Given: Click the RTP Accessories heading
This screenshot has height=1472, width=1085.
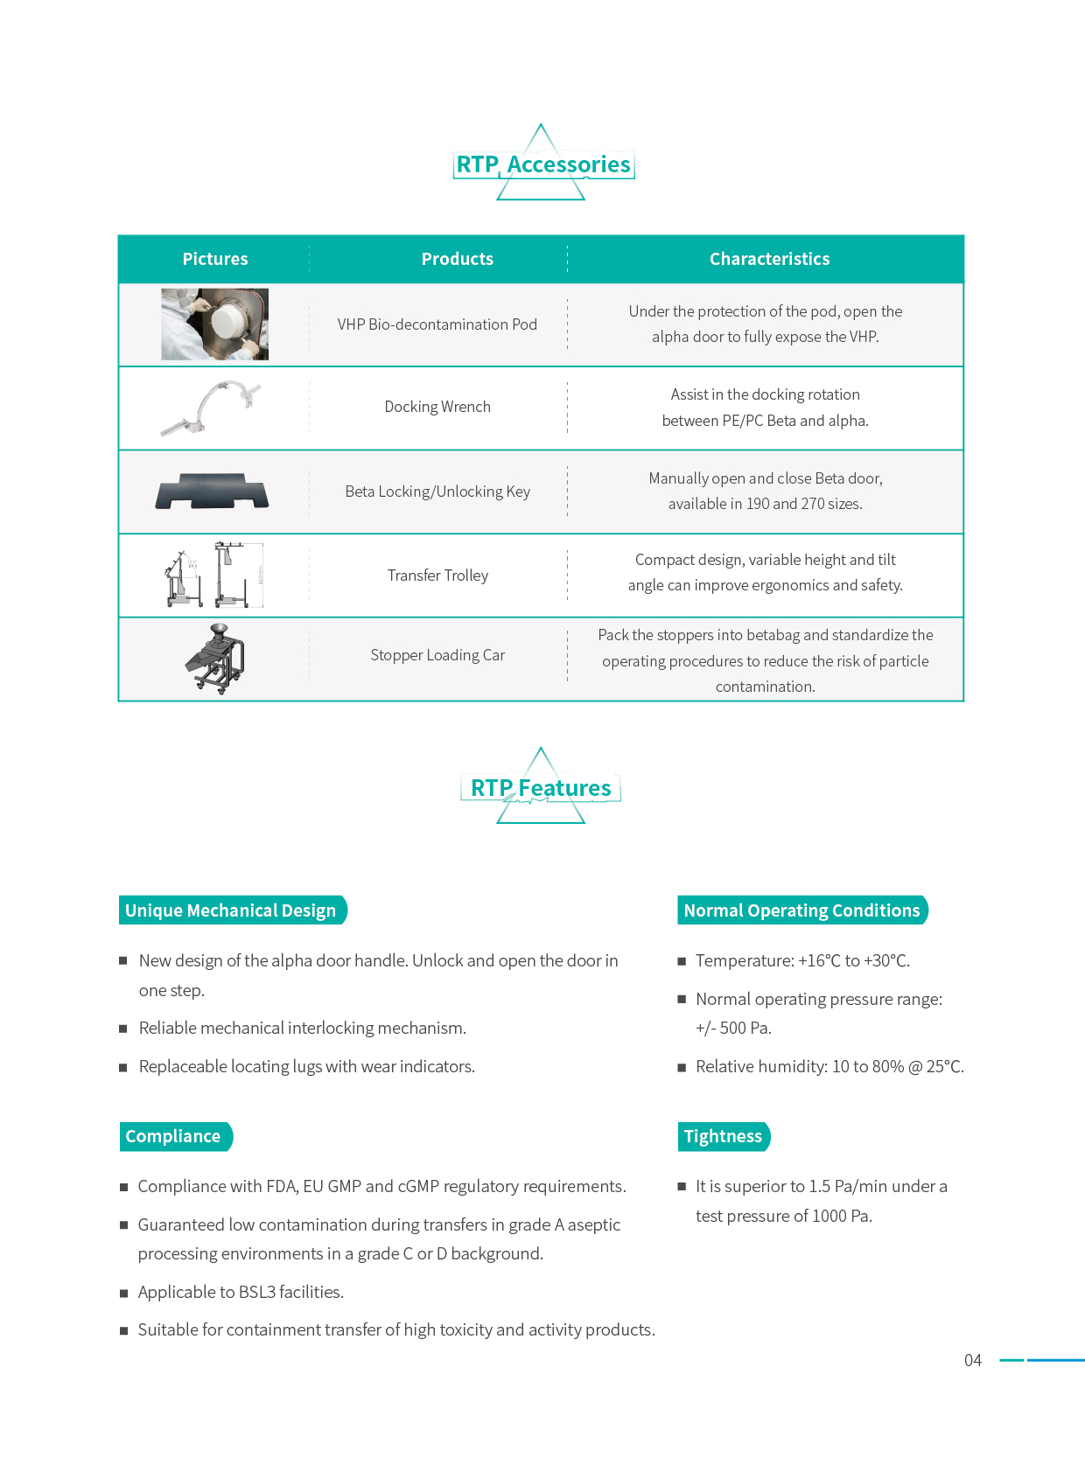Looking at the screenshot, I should click(x=543, y=164).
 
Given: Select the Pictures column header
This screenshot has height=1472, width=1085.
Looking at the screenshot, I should click(x=215, y=259).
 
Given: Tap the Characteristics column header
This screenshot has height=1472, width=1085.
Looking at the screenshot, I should click(x=769, y=259).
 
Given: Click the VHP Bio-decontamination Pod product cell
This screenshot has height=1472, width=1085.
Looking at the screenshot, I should click(x=437, y=324).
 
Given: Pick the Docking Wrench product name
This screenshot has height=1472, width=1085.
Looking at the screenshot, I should click(x=437, y=407).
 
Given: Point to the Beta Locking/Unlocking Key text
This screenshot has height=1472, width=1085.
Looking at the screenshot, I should click(x=437, y=492).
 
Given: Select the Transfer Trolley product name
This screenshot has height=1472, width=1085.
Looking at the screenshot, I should click(x=437, y=576).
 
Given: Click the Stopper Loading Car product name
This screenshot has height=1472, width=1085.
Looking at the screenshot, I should click(x=437, y=655).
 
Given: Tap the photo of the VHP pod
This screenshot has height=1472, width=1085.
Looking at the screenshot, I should click(x=215, y=324).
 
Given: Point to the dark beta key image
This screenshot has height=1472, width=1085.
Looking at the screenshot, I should click(x=213, y=492).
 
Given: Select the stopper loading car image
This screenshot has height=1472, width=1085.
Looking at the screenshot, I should click(x=215, y=659).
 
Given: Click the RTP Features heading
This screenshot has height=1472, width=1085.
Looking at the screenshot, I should click(x=541, y=788).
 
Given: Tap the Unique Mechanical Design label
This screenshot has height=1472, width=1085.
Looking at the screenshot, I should click(x=231, y=910).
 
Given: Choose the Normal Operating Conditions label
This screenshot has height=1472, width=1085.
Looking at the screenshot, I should click(x=801, y=910).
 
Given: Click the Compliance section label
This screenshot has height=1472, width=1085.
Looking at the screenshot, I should click(x=174, y=1136).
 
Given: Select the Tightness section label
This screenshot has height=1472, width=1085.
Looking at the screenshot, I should click(x=723, y=1136).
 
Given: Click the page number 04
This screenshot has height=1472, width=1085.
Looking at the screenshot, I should click(x=972, y=1360).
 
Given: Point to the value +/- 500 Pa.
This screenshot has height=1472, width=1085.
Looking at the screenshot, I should click(x=733, y=1029).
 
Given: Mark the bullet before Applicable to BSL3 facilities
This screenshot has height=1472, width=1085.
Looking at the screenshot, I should click(x=124, y=1293).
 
